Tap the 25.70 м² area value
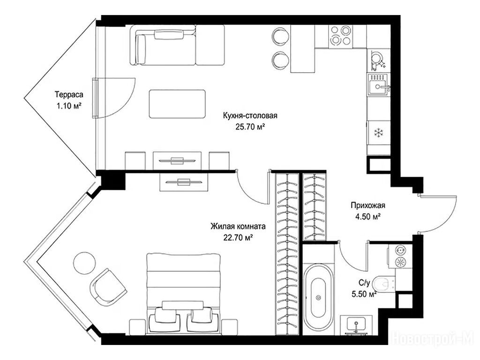click(x=250, y=127)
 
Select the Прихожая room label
click(x=367, y=205)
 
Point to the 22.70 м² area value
click(x=238, y=237)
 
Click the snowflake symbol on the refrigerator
click(x=379, y=133)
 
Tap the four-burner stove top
click(x=340, y=37)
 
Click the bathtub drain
click(x=318, y=297)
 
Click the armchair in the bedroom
click(x=108, y=286)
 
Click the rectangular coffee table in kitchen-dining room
click(x=177, y=104)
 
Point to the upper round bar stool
click(x=280, y=35)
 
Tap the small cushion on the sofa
click(x=169, y=34)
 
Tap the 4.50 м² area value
click(x=367, y=217)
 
